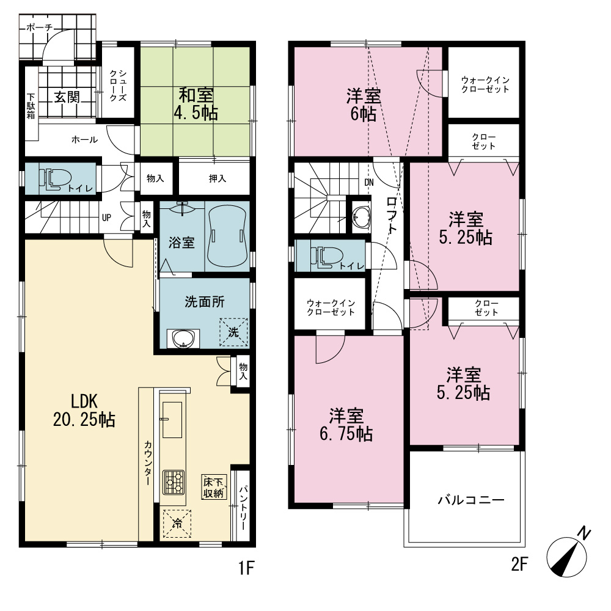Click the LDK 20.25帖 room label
(84, 411)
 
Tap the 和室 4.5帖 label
(196, 104)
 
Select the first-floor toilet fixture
(54, 179)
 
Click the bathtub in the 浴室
(227, 236)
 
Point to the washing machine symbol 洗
(233, 332)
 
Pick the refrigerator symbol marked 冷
(177, 524)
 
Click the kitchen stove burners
(174, 483)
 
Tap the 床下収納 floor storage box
(214, 487)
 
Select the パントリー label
(243, 507)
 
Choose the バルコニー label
(470, 500)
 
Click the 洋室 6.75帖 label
(346, 425)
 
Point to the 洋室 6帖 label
(363, 105)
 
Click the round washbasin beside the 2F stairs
(362, 217)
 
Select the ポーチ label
(39, 27)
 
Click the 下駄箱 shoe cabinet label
(31, 106)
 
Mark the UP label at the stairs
(106, 218)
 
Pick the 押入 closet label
(217, 178)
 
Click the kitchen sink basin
(172, 420)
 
